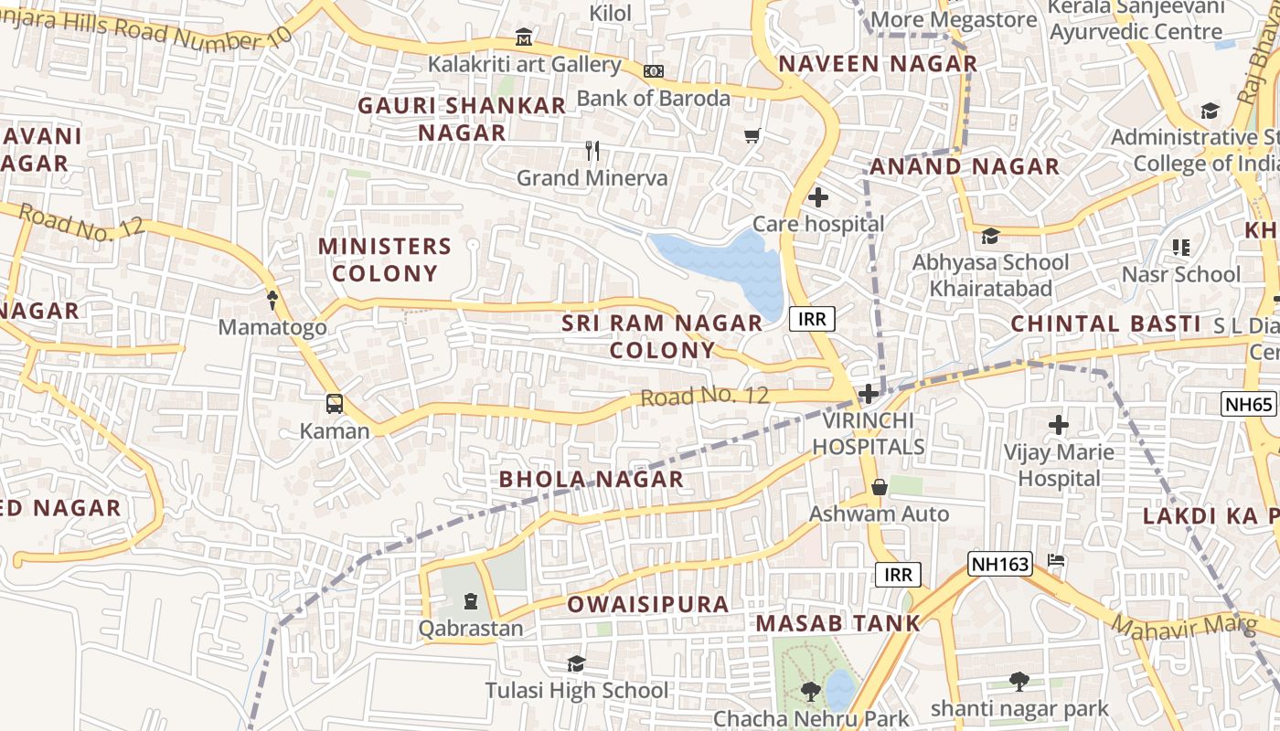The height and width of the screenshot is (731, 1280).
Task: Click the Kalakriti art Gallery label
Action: (525, 65)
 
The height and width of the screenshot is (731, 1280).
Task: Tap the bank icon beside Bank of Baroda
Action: (654, 71)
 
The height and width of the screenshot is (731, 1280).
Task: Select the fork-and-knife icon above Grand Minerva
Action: (592, 151)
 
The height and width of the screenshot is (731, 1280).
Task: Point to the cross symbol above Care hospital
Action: (818, 197)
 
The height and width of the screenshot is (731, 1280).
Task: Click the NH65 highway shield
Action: (1247, 403)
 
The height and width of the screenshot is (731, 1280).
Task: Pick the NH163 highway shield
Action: (999, 564)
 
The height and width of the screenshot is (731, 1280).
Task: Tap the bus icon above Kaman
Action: (335, 404)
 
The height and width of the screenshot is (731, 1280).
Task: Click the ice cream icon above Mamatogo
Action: (272, 299)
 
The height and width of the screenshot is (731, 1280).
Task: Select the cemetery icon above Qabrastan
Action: (471, 601)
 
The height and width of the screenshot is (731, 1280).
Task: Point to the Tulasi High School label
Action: (577, 690)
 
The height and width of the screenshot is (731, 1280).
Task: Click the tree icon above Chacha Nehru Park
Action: (810, 691)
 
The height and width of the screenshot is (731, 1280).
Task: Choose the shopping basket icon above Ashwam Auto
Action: (880, 487)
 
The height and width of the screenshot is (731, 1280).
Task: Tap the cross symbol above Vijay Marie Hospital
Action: (1059, 425)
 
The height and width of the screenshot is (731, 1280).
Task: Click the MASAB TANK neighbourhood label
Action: (838, 624)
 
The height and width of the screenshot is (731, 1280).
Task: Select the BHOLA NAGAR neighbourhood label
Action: (591, 479)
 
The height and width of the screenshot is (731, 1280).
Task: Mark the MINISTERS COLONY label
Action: (385, 260)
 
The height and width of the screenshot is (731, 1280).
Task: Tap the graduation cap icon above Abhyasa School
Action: (990, 237)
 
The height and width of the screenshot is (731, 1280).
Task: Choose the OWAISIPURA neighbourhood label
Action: (648, 604)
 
